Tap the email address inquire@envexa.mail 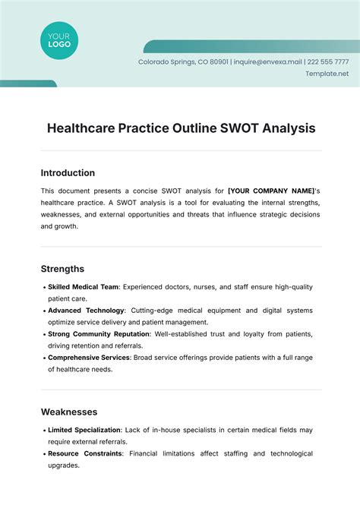(268, 62)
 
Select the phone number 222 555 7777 (329, 62)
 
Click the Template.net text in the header (327, 74)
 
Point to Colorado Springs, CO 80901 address (182, 62)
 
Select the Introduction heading (68, 173)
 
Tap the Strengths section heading (62, 269)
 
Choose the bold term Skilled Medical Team (84, 287)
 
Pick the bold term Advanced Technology (86, 311)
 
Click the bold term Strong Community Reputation (98, 334)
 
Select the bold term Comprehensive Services (90, 358)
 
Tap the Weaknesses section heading (69, 412)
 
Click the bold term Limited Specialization (89, 430)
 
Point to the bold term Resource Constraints (85, 453)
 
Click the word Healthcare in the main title (82, 128)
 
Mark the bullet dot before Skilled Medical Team (43, 288)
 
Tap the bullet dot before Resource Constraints (43, 454)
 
